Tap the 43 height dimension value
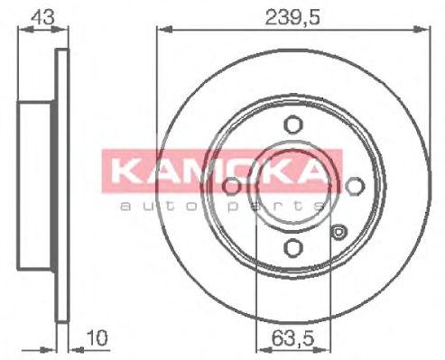(39, 15)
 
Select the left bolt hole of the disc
(232, 186)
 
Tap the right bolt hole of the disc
(353, 186)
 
